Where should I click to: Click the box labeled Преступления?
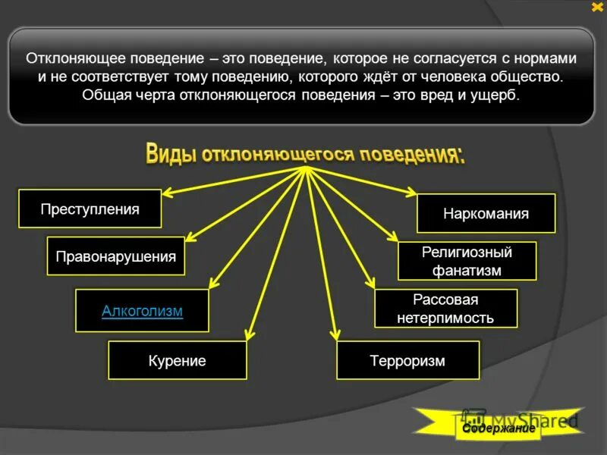tap(90, 209)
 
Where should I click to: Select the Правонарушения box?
tap(116, 256)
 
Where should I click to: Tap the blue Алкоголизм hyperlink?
tap(142, 310)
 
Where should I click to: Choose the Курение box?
tap(177, 361)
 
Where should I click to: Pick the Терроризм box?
tap(407, 361)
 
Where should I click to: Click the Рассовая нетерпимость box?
tap(445, 309)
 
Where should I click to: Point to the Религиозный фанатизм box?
tap(467, 261)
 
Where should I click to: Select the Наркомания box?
tap(486, 213)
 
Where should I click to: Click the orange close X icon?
tap(596, 7)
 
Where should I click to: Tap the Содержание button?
tap(495, 428)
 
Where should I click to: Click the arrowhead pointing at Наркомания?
tap(411, 193)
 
